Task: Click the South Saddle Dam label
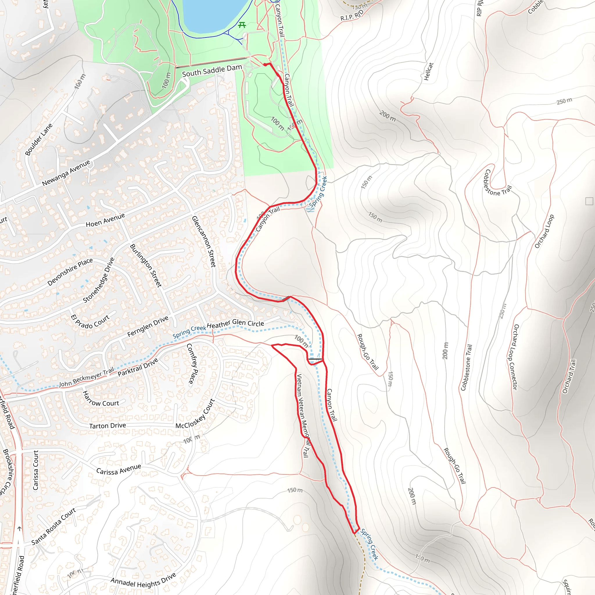(x=212, y=71)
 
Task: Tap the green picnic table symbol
(x=242, y=25)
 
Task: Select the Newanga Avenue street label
(x=66, y=173)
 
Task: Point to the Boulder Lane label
(x=39, y=139)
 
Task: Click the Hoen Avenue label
(x=105, y=220)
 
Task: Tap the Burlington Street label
(x=146, y=265)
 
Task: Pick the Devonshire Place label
(x=70, y=272)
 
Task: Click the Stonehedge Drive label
(x=98, y=280)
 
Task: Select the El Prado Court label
(x=90, y=321)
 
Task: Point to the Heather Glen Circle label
(x=235, y=324)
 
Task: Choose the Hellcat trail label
(x=429, y=71)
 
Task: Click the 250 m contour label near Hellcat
(x=564, y=101)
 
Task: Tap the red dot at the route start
(x=265, y=65)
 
